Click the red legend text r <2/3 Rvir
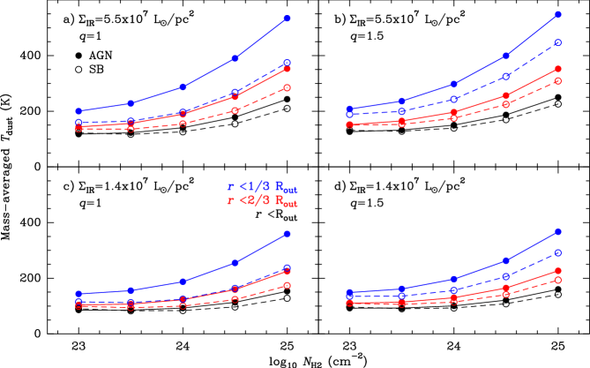point(262,201)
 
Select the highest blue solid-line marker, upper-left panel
point(288,19)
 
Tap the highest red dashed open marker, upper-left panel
point(288,87)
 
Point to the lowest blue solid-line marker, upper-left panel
point(78,111)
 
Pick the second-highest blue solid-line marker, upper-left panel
point(235,58)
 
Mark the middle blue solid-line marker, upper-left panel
point(183,86)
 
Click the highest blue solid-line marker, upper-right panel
point(558,15)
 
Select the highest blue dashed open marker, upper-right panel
point(558,42)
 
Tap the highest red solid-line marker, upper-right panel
point(558,69)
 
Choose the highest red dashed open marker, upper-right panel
point(558,81)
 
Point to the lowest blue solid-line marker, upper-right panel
point(349,109)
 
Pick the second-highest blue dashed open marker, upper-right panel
point(506,77)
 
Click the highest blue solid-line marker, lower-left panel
point(288,234)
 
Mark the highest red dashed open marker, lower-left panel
point(288,285)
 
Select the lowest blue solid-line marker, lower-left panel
point(78,294)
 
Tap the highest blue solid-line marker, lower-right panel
point(558,231)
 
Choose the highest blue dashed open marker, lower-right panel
point(558,252)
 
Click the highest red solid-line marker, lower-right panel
point(558,270)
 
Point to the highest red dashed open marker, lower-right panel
point(558,280)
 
